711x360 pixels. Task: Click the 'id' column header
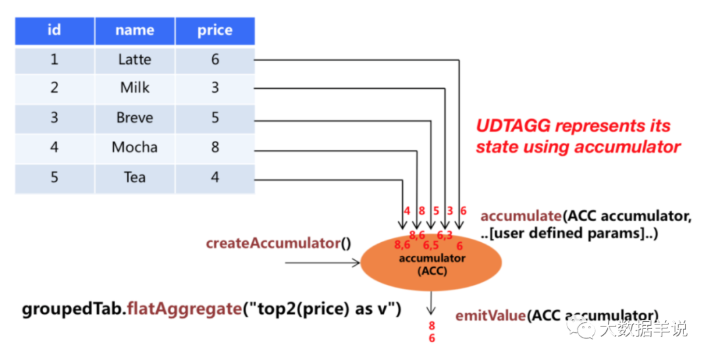tap(55, 30)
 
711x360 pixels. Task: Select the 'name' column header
tap(134, 30)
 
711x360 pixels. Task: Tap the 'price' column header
tap(215, 30)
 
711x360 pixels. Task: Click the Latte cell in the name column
tap(134, 59)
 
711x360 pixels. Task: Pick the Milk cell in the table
tap(134, 88)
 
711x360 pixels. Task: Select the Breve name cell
tap(134, 118)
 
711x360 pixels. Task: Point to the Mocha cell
tap(134, 147)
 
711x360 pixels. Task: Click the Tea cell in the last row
tap(134, 177)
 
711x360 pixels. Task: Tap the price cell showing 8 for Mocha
tap(215, 147)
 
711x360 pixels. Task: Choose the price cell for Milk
tap(215, 88)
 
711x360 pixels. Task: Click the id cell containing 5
tap(55, 177)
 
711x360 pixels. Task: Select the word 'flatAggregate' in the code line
tap(184, 309)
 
